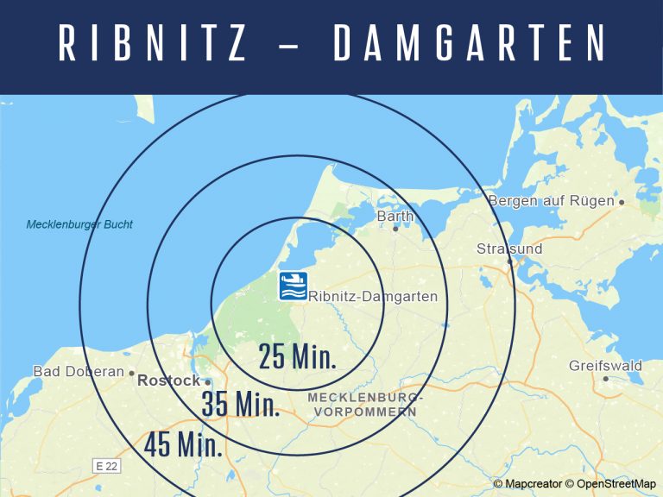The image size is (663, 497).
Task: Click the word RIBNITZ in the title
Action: pos(153,44)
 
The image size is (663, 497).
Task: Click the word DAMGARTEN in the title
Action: pos(470,44)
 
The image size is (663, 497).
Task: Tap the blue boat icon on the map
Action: pos(293,286)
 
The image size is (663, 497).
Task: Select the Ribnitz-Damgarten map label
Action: pos(373,297)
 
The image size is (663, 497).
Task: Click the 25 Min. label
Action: pos(297,355)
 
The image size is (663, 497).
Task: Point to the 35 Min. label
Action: pos(240,404)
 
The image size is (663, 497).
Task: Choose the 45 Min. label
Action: pos(183,444)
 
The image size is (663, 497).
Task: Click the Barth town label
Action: pos(395,216)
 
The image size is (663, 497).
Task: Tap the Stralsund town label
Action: pos(509,249)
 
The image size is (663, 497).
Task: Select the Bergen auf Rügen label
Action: pos(551,201)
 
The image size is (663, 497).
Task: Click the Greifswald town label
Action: pos(605,366)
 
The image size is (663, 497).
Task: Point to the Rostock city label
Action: pos(168,381)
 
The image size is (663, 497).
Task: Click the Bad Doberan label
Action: pos(78,372)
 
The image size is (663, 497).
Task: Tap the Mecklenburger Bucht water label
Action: pos(79,225)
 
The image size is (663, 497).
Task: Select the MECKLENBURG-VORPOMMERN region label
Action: pos(365,405)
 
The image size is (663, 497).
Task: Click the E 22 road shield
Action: pos(106,466)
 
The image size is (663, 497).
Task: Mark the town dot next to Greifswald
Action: pos(606,379)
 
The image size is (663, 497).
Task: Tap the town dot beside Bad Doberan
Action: pos(131,374)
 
